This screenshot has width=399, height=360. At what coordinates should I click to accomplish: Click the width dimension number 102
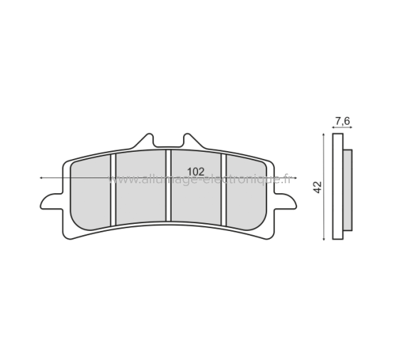tap(197, 171)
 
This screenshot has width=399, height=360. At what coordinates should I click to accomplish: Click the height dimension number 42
tap(318, 187)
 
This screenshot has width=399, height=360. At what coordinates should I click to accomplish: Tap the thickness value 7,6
tap(342, 121)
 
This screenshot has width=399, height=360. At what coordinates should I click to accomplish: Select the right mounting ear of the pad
tap(283, 202)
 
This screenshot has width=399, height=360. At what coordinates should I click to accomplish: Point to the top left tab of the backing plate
tap(147, 139)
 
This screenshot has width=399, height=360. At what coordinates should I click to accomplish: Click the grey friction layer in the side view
tap(348, 189)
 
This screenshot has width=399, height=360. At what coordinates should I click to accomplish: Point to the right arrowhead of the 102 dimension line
tap(295, 177)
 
